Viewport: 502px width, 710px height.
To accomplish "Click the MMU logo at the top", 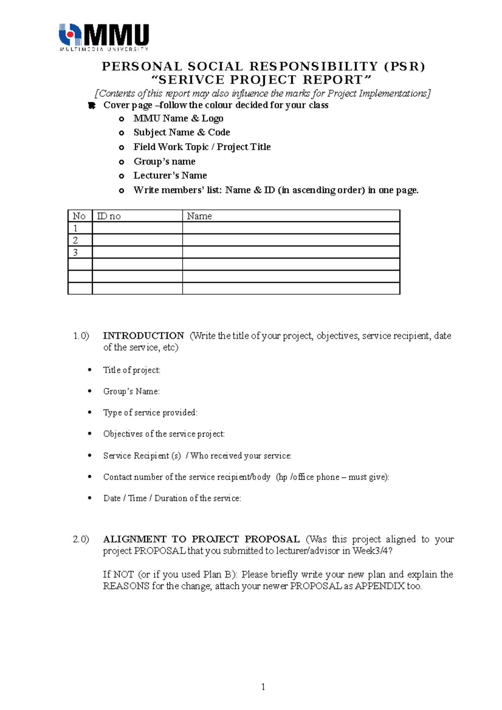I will point(104,37).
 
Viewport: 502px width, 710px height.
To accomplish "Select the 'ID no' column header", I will point(109,216).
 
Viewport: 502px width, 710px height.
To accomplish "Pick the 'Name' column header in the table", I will point(199,216).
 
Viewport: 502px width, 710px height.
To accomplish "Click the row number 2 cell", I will point(76,240).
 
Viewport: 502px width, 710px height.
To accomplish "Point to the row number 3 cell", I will point(76,252).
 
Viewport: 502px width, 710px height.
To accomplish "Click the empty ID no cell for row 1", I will point(137,228).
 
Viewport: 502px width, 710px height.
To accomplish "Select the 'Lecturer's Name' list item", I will point(170,175).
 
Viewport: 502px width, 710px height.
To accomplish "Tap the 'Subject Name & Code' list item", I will point(182,132).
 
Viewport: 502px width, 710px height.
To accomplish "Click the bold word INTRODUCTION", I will point(143,335).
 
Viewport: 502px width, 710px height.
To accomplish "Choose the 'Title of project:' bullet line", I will point(131,370).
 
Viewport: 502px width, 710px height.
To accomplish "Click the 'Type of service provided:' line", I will point(150,413).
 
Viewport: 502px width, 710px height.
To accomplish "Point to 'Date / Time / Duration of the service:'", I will point(172,498).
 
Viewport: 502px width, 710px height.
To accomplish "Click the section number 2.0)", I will point(81,539).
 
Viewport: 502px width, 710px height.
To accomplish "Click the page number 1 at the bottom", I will point(263,687).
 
